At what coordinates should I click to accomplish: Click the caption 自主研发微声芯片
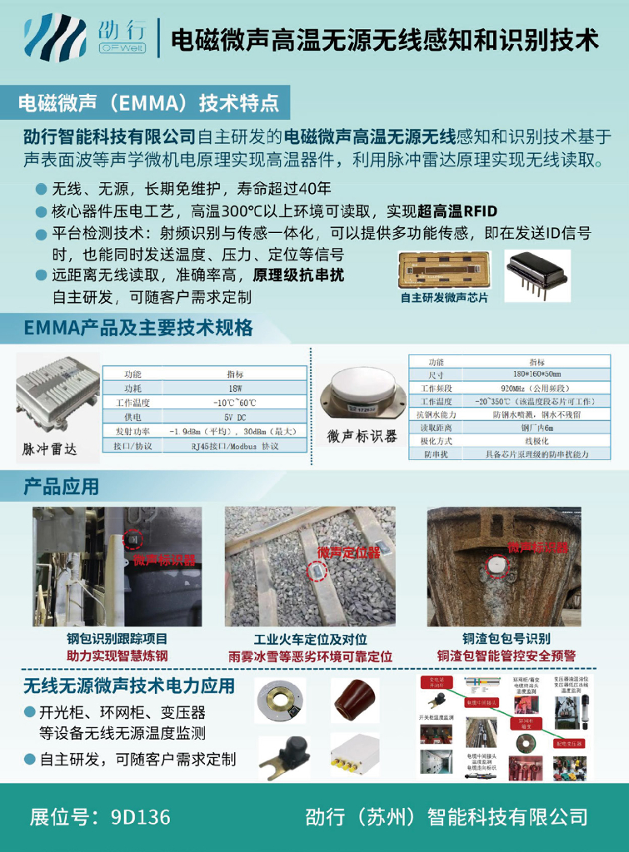click(x=444, y=297)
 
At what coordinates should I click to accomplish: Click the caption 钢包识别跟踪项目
click(x=117, y=640)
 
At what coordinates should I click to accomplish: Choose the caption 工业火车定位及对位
click(x=310, y=640)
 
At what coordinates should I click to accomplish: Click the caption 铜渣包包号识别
click(x=507, y=640)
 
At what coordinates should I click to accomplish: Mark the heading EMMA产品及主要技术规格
click(x=138, y=327)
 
